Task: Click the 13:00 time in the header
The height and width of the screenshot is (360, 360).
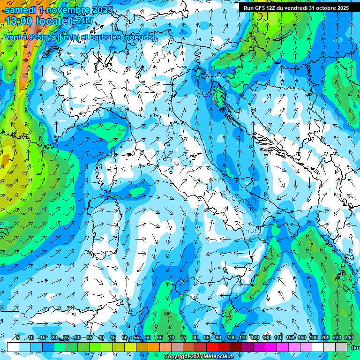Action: [21, 21]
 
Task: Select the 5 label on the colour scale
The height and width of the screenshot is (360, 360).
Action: [18, 337]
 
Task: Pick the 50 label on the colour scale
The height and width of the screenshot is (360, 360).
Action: [124, 337]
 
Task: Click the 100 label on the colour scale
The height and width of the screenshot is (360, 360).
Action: [231, 337]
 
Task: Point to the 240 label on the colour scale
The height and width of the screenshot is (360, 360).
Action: [349, 337]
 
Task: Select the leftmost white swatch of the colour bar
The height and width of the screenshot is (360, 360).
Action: [13, 347]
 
